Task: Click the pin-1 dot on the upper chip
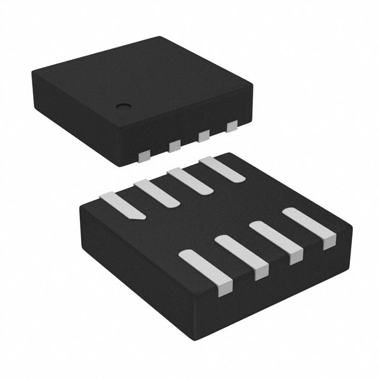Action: click(123, 108)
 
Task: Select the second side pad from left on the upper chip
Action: click(174, 145)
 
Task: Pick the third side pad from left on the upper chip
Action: click(203, 135)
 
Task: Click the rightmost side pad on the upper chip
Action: click(232, 126)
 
